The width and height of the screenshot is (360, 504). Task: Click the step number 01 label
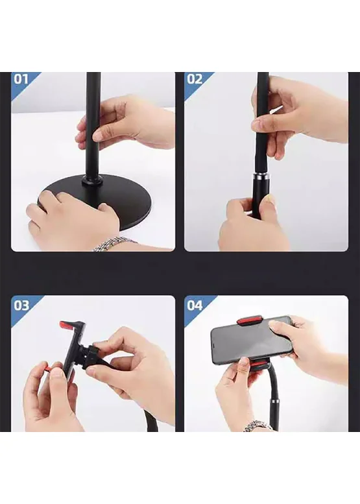(21, 79)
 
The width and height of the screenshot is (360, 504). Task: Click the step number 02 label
(195, 79)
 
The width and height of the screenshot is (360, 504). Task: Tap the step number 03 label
(21, 306)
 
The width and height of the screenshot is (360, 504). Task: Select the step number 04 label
(195, 306)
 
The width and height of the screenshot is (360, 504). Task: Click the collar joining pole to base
(93, 180)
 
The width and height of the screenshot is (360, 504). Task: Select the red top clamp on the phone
(250, 320)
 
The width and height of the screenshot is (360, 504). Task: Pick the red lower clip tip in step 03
(47, 367)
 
